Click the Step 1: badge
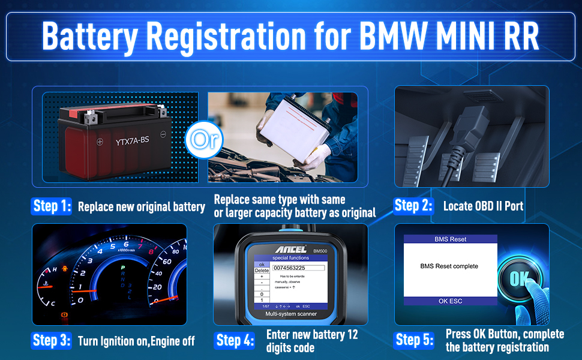coord(52,207)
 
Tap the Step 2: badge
coord(413,206)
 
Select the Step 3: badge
coord(52,341)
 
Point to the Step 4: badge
coord(235,341)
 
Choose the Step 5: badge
coord(414,341)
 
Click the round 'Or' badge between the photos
coord(203,139)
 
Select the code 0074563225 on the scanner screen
coord(289,268)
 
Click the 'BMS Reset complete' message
coord(449,266)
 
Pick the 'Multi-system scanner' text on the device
coord(286,314)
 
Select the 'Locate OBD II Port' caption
coord(483,206)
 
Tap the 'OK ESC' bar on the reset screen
coord(450,301)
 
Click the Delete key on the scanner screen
coord(262,271)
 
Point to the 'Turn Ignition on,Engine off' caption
coord(136,341)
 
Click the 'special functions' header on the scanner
coord(290,257)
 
